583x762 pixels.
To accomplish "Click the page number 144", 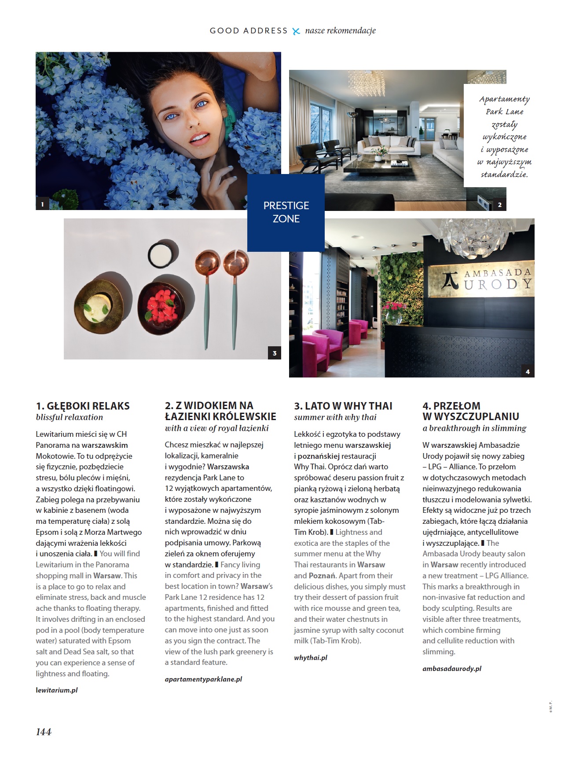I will (44, 732).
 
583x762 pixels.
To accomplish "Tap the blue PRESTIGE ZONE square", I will (286, 212).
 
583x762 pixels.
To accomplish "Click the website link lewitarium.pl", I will (57, 690).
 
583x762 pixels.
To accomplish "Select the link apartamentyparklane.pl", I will (203, 679).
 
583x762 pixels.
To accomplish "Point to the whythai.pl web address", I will (311, 657).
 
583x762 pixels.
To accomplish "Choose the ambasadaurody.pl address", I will (452, 668).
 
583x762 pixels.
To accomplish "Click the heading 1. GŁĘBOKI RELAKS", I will (83, 406).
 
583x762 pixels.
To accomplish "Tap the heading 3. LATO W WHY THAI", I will (343, 406).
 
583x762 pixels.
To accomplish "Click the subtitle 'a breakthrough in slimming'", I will (474, 428).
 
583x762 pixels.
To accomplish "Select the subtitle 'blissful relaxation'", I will (70, 417).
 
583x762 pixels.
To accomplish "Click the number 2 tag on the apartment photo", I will (499, 205).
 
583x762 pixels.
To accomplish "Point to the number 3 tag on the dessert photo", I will (275, 353).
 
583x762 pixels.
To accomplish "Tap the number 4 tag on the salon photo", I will (528, 371).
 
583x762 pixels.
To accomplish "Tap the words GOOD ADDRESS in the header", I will (249, 31).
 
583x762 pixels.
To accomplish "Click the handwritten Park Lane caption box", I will (504, 136).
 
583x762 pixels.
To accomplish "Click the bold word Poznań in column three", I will (322, 576).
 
